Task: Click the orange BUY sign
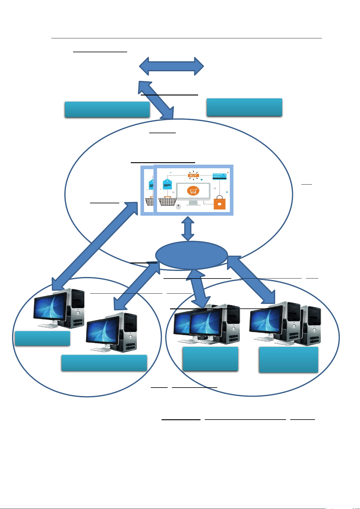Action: pyautogui.click(x=193, y=175)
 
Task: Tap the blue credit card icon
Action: pyautogui.click(x=220, y=176)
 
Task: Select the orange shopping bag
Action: pyautogui.click(x=220, y=203)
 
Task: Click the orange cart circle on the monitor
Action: pyautogui.click(x=193, y=191)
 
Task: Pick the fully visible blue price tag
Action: pyautogui.click(x=167, y=184)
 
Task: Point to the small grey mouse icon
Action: pyautogui.click(x=178, y=207)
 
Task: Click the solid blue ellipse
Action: pyautogui.click(x=191, y=255)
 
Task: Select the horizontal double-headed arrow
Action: pyautogui.click(x=171, y=66)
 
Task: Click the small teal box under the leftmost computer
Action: pyautogui.click(x=42, y=338)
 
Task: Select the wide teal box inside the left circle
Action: pyautogui.click(x=104, y=363)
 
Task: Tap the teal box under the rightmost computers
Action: pyautogui.click(x=288, y=359)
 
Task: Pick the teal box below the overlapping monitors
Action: pyautogui.click(x=210, y=359)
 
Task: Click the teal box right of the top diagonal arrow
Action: pyautogui.click(x=244, y=107)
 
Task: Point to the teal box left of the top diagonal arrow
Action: pyautogui.click(x=107, y=109)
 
